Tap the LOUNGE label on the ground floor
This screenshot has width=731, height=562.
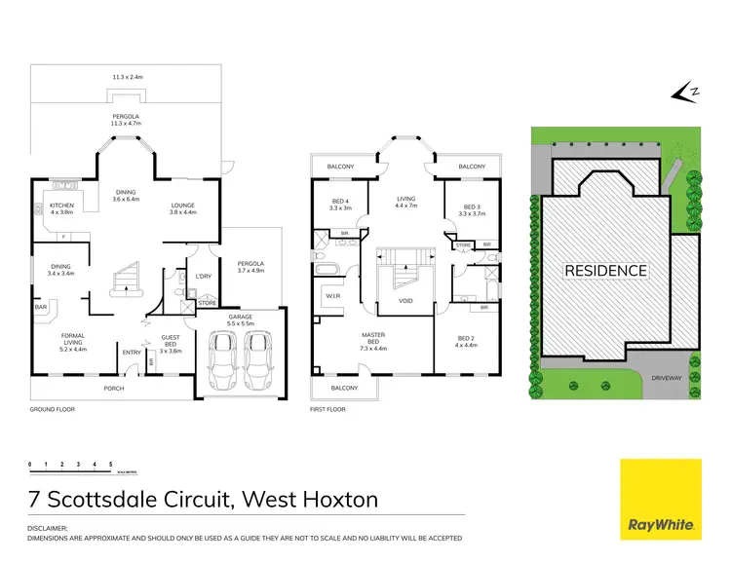pos(184,206)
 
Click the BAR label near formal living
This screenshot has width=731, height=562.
pos(41,307)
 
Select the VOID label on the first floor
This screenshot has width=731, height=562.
pos(406,301)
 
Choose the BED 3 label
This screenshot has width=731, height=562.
pos(472,206)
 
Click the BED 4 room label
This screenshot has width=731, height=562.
pos(340,204)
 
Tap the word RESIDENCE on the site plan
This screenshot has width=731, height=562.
pos(606,270)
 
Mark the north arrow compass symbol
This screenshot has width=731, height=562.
pos(685,93)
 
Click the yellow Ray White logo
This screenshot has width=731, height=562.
pos(661,497)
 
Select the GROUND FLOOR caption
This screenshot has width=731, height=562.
pos(52,410)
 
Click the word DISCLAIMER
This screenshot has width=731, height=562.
pos(51,529)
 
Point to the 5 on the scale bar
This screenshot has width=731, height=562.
pos(110,464)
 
